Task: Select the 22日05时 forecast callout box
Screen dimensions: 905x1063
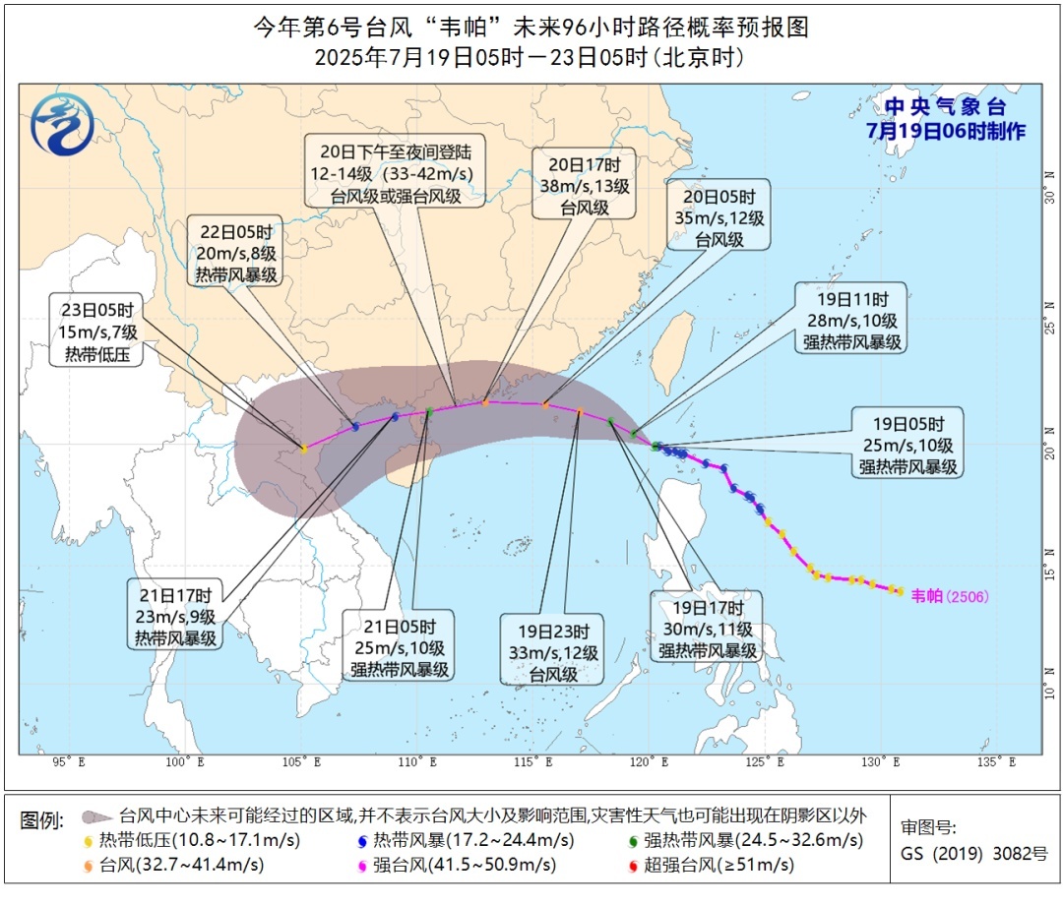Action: pos(236,250)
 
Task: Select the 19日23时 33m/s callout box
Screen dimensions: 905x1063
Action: pos(552,649)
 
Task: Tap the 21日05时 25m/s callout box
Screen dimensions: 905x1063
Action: pos(400,644)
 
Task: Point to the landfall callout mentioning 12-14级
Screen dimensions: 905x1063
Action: pos(396,171)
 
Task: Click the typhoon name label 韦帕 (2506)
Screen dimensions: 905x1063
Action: pos(949,595)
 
